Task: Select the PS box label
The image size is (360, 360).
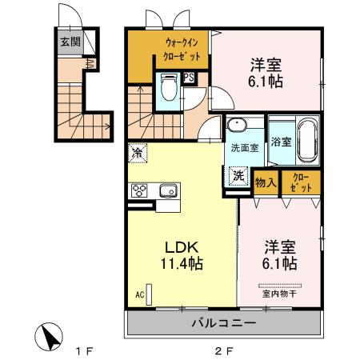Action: pos(189,78)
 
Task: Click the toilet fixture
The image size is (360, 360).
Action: pos(167,85)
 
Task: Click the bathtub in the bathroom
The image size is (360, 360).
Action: pos(307,141)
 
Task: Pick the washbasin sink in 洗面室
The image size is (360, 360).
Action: pos(238,127)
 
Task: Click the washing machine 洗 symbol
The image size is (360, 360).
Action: pos(238,175)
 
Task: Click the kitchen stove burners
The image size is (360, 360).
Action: pos(139,190)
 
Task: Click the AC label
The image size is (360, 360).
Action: pos(139,295)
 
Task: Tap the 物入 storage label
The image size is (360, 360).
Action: pos(265,182)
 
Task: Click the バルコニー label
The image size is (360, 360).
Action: pos(222,324)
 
